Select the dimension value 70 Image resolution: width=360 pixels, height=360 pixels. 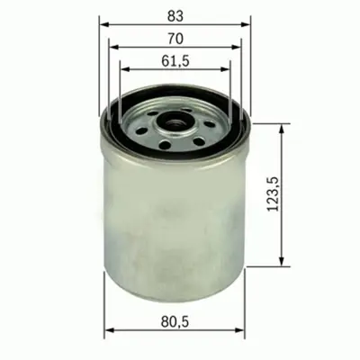tap(175, 38)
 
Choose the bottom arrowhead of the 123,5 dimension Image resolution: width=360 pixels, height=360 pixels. tap(287, 264)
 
